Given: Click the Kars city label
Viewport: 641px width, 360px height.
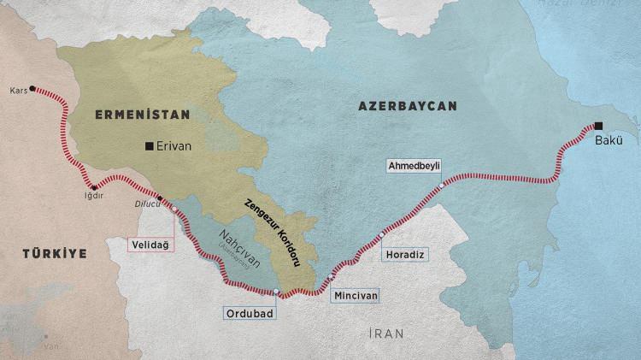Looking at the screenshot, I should (17, 89).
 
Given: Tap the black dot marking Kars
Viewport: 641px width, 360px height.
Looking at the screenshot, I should (32, 88).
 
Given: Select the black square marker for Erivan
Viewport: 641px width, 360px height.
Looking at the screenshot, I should (150, 146).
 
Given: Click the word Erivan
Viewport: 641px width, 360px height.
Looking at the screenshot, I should (174, 146).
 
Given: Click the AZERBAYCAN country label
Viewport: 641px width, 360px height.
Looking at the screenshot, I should (408, 105).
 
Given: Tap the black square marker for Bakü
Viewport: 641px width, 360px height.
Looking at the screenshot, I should (598, 124).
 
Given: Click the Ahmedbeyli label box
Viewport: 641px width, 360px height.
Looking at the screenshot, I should (414, 164).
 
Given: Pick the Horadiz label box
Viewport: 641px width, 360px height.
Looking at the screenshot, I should (405, 255).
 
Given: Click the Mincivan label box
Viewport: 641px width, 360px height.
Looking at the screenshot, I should (353, 295).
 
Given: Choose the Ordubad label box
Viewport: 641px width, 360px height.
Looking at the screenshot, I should (248, 313).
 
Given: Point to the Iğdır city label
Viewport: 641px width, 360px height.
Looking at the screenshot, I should (92, 196).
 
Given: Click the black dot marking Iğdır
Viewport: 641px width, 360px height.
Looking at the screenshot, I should (95, 186).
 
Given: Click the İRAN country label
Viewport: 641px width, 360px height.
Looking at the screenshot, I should (381, 333).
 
